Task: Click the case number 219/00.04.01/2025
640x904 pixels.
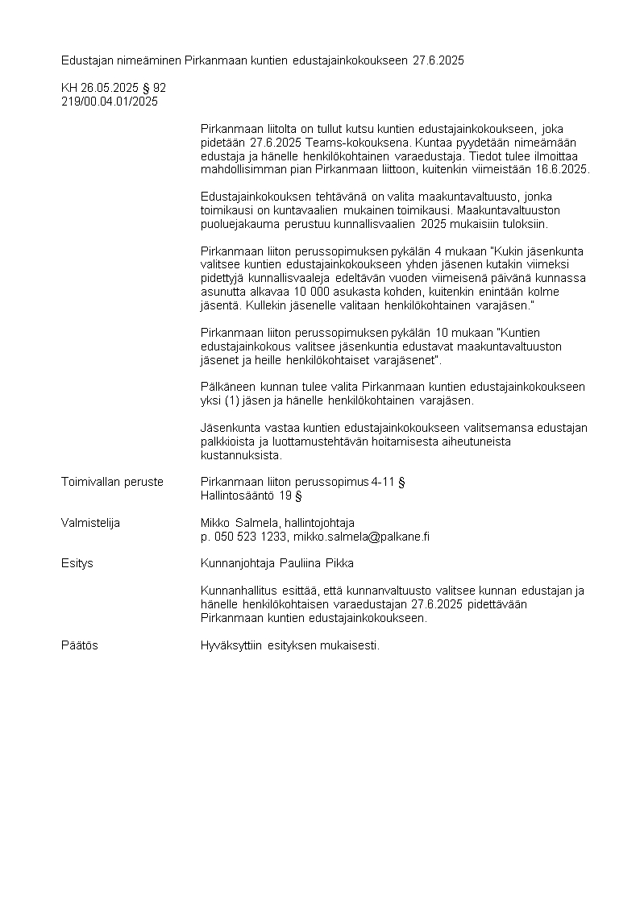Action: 110,102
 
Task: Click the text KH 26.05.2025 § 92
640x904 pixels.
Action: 114,88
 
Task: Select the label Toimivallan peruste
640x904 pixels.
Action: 112,482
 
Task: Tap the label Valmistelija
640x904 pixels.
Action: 90,523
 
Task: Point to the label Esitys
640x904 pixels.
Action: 77,563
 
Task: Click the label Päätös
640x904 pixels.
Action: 80,645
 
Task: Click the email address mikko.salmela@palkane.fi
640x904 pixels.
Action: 361,537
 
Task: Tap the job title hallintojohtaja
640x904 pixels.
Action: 320,523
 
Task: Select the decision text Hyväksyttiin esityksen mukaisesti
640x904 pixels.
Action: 289,645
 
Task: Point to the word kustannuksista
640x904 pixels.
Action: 241,455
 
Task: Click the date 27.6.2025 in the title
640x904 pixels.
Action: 438,60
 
